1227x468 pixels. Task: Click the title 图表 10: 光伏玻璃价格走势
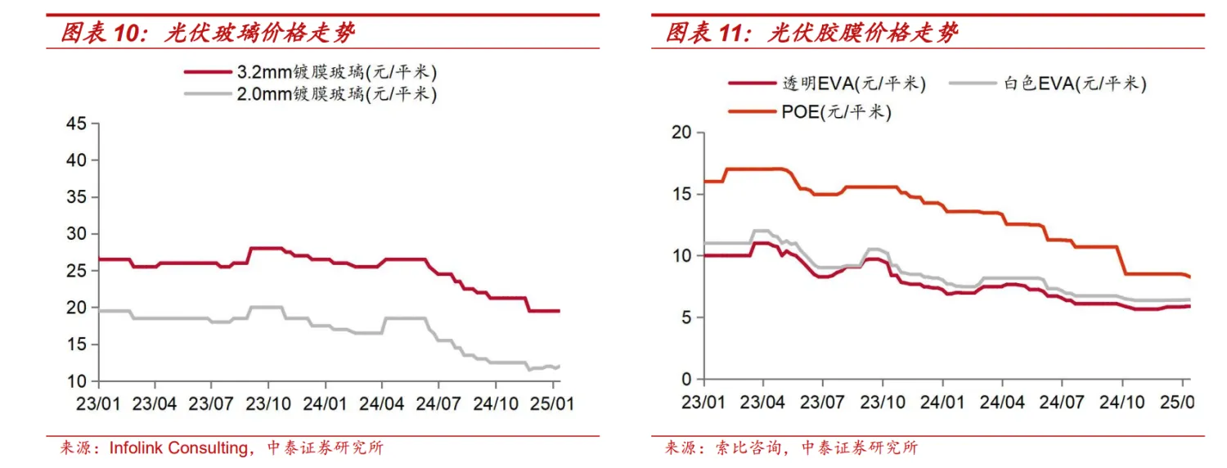[x=209, y=34]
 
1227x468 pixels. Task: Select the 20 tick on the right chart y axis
[x=681, y=133]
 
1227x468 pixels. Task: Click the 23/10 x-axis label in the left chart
[x=268, y=403]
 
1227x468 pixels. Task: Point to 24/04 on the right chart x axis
[x=1001, y=403]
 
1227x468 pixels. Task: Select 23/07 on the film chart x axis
[x=822, y=403]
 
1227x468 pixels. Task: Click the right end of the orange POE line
[x=1189, y=277]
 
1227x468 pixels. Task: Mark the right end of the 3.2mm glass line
[x=559, y=311]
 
